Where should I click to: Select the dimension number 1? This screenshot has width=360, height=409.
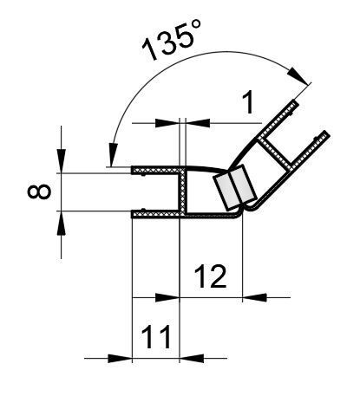(x=248, y=104)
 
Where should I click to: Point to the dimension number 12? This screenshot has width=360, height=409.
(x=211, y=276)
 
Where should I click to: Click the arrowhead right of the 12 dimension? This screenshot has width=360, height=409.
(x=252, y=296)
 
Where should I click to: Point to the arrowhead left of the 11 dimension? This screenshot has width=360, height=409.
(x=120, y=356)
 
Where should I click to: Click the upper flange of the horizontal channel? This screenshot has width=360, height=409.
(x=156, y=171)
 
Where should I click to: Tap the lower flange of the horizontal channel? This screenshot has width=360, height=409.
(x=156, y=212)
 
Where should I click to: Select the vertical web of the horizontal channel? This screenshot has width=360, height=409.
(x=183, y=192)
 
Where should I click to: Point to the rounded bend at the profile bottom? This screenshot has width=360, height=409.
(x=243, y=208)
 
